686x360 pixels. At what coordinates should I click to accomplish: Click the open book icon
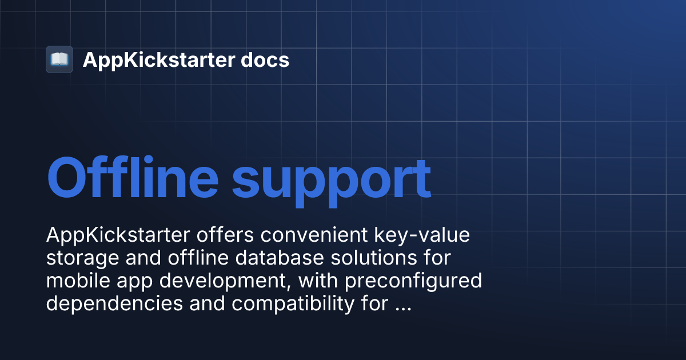[x=59, y=59]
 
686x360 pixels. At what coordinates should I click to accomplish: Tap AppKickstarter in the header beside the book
[x=154, y=60]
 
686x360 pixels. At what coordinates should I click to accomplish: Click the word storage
[x=83, y=259]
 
